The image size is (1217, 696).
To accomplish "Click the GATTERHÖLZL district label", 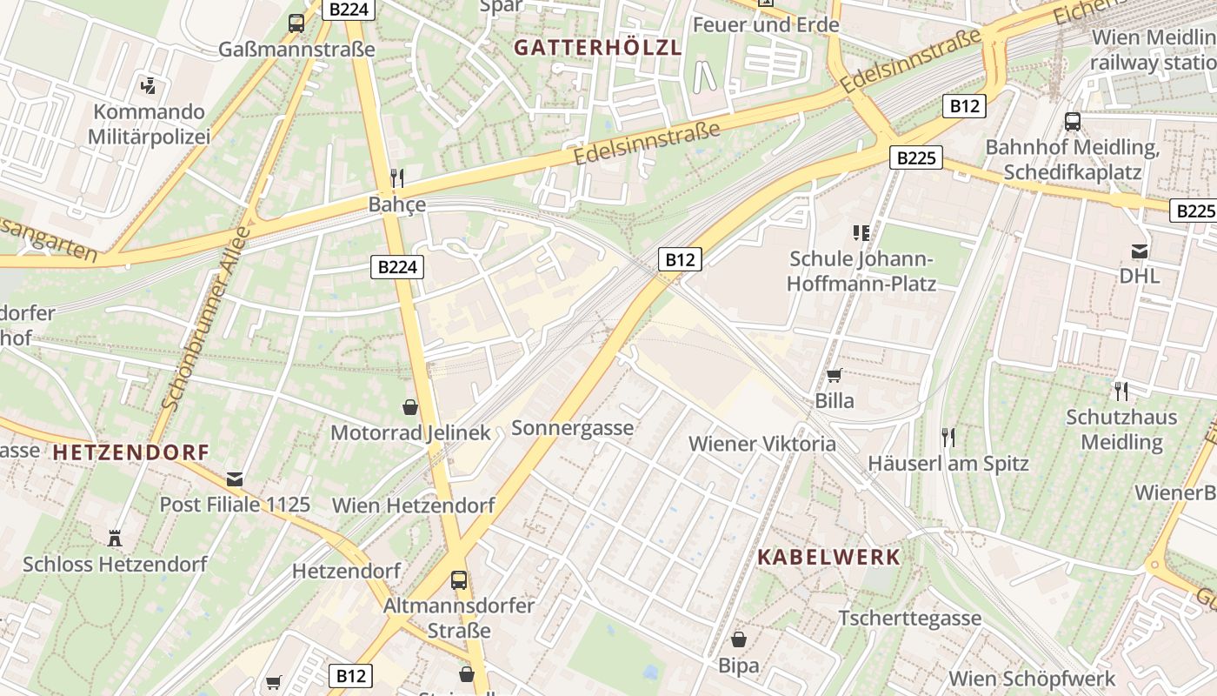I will coord(596,48).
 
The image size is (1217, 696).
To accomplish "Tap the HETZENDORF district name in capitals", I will coord(130,452).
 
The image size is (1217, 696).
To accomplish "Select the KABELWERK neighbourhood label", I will coord(828,558).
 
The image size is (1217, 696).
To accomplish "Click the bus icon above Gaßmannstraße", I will coord(296,23).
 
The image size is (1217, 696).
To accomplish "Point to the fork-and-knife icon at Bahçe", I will coord(397,178).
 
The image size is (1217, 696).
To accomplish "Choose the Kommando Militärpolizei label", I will coord(150,124).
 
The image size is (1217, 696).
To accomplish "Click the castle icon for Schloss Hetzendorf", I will coord(115,538).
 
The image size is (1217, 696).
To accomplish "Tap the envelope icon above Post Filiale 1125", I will coord(235,478).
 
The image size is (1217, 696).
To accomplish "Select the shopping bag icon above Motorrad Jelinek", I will coord(410,407).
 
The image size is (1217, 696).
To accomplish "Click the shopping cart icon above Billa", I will coord(835,376).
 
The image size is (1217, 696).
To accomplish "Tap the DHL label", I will coord(1140,276).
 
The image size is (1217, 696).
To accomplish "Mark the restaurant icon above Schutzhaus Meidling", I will coord(1121,391).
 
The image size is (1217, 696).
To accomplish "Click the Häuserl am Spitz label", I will coord(948,463).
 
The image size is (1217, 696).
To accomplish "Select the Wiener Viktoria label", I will coord(762,444).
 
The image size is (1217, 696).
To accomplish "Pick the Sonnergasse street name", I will coord(572,428).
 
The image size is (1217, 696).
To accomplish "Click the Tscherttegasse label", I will coord(910,619).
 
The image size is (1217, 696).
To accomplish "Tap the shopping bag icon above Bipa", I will coord(739,640).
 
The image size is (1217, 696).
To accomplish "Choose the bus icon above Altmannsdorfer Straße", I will coord(459,579).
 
